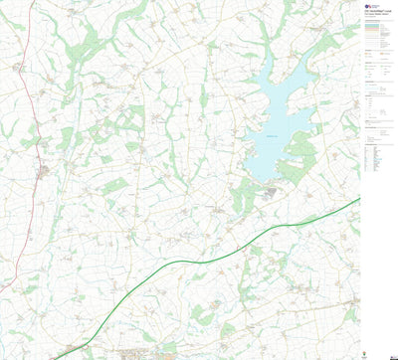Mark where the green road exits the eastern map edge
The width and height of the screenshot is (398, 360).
pyautogui.click(x=359, y=199)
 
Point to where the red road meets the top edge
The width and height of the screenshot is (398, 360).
pyautogui.click(x=32, y=2)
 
